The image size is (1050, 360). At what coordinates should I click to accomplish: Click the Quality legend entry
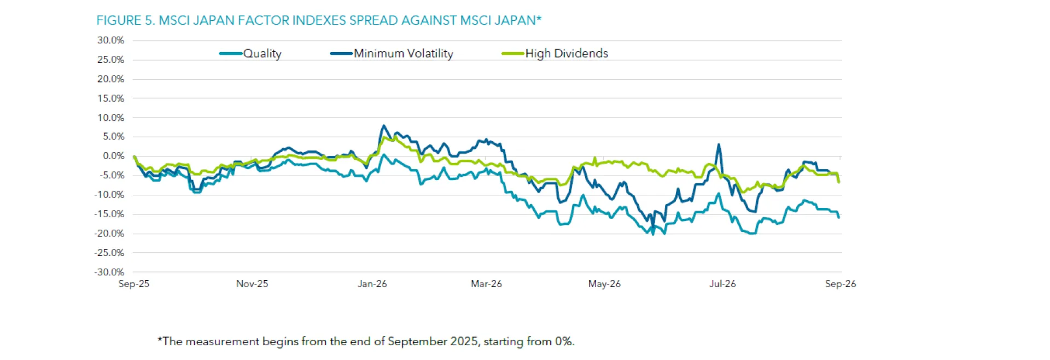[250, 54]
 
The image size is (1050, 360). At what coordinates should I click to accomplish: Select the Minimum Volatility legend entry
[392, 54]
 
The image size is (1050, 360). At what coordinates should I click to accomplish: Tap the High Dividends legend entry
[555, 54]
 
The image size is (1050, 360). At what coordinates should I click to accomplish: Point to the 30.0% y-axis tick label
[111, 40]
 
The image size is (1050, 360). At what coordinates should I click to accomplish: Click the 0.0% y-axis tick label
[114, 156]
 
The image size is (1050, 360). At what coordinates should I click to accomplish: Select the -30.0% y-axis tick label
[109, 272]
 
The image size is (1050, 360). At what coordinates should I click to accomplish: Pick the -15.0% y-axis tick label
[109, 214]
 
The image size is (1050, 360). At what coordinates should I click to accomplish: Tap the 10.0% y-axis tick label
[111, 118]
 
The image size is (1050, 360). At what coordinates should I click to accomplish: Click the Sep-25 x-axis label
[134, 284]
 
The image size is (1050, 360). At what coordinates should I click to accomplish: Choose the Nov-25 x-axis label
[252, 284]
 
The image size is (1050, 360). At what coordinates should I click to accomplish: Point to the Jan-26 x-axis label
[372, 284]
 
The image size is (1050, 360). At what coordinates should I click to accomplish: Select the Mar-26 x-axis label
[486, 284]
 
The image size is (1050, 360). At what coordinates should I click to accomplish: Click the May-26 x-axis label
[604, 284]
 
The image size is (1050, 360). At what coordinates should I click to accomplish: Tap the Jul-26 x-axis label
[722, 284]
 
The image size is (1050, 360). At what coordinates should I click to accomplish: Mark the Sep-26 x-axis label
[841, 284]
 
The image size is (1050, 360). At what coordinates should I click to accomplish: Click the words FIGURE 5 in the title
[126, 21]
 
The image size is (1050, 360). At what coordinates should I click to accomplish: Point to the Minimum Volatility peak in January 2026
[383, 125]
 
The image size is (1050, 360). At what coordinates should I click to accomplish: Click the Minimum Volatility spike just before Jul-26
[719, 144]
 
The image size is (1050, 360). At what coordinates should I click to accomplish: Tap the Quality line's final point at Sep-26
[839, 217]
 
